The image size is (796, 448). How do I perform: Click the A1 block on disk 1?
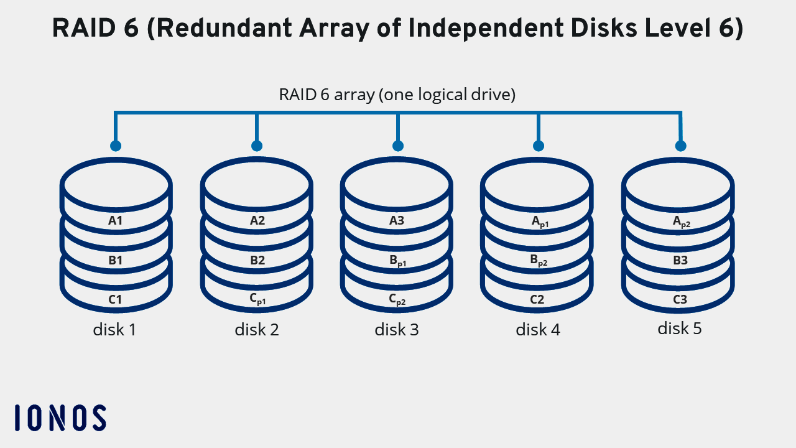point(116,220)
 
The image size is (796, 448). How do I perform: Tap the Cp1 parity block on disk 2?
point(257,299)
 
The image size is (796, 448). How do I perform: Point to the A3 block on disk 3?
point(397,220)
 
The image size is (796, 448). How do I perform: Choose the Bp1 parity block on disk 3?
point(397,261)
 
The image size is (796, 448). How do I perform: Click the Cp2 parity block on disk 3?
point(397,299)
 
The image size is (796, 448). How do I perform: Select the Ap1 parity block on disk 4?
point(539,221)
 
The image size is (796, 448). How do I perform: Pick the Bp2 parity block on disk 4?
point(539,261)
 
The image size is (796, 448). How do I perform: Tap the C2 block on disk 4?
point(537,299)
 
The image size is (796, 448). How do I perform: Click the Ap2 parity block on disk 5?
point(681,221)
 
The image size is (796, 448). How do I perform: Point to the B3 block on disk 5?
point(680,260)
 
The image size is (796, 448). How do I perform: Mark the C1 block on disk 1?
point(116,299)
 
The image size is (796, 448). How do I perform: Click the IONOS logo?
point(60,418)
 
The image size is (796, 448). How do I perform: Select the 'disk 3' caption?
point(397,329)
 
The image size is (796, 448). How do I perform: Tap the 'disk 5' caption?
point(680,328)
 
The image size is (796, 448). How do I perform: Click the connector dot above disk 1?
point(115,146)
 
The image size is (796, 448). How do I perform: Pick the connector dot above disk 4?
point(539,146)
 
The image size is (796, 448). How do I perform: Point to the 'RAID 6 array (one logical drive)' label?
point(397,95)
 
